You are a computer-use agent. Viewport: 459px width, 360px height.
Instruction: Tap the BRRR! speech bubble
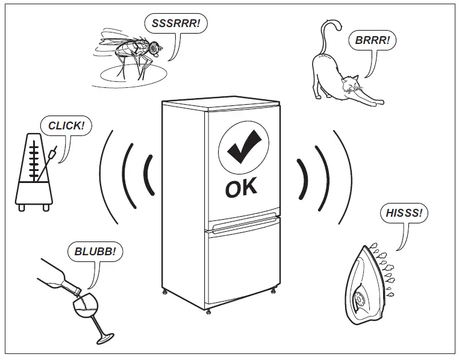(372, 41)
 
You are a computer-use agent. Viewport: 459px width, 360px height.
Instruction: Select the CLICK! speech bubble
(63, 126)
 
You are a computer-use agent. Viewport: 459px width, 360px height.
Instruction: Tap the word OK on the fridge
(241, 187)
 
